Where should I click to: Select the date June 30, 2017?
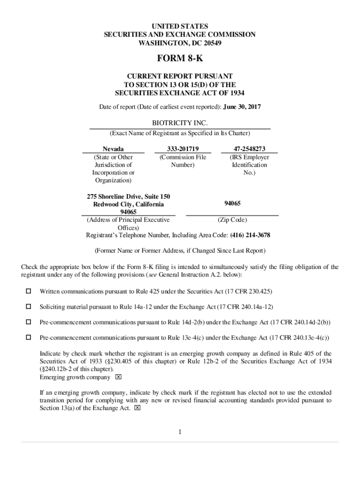[243, 107]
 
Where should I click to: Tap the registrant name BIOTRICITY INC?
[180, 123]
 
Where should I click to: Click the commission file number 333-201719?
[182, 149]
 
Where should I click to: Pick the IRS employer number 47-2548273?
[249, 149]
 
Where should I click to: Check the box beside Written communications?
[29, 291]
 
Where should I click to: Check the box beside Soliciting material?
[29, 306]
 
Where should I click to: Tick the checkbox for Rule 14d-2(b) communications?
[29, 322]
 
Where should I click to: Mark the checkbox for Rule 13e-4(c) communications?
[29, 337]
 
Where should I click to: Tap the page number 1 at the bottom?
[180, 431]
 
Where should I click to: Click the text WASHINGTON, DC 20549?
[180, 44]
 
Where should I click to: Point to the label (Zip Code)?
[232, 220]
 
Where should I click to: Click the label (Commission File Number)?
[182, 161]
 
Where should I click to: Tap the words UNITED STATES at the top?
[180, 26]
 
